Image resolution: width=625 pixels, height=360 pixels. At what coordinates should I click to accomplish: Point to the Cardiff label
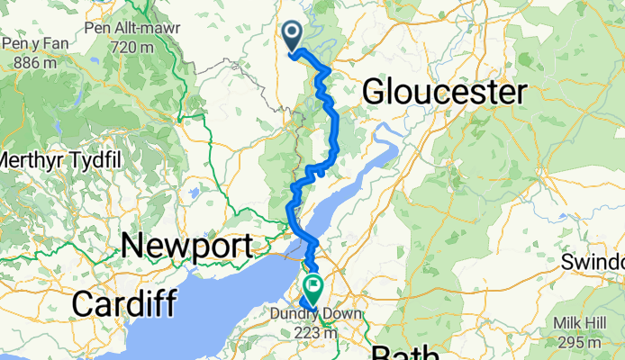coord(122,303)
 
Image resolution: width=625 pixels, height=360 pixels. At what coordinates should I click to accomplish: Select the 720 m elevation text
coord(131,47)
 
